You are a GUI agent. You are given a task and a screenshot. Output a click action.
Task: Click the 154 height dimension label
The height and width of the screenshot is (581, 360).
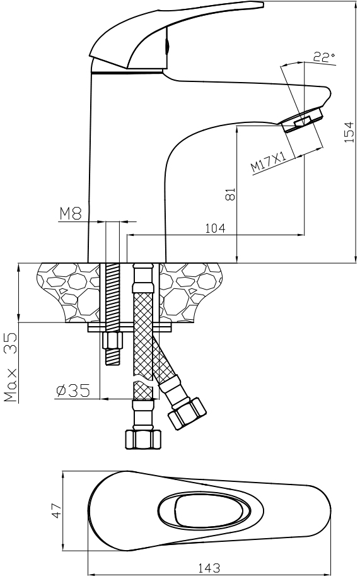(x=349, y=132)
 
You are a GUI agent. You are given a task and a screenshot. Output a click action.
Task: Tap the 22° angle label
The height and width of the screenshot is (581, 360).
(x=324, y=57)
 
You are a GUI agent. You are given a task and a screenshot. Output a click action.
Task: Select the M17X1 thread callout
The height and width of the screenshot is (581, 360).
(x=269, y=161)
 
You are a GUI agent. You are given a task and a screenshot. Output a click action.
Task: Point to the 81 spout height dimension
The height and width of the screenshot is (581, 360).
(x=230, y=194)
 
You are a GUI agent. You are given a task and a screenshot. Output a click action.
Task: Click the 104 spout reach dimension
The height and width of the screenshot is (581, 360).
(x=215, y=228)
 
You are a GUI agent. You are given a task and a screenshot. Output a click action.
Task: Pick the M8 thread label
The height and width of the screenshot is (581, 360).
(x=71, y=213)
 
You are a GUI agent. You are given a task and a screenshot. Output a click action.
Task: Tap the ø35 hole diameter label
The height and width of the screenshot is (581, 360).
(x=73, y=390)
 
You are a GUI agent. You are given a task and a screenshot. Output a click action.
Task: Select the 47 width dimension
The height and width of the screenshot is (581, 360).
(x=57, y=510)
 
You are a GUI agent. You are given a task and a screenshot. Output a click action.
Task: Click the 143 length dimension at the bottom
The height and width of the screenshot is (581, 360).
(x=209, y=567)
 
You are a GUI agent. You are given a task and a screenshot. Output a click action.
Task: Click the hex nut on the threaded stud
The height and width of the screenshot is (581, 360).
(x=112, y=341)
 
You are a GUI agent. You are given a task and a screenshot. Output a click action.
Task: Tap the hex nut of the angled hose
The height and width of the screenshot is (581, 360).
(x=187, y=414)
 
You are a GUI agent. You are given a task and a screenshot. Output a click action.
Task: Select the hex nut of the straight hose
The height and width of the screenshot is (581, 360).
(x=144, y=440)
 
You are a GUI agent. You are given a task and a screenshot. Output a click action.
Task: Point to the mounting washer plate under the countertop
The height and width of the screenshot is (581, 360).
(x=130, y=327)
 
